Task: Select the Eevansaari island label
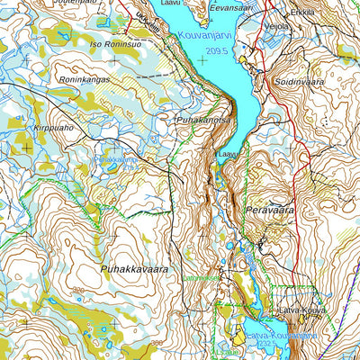(x=229, y=6)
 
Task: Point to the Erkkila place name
(x=302, y=13)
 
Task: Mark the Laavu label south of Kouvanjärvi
(x=229, y=155)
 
